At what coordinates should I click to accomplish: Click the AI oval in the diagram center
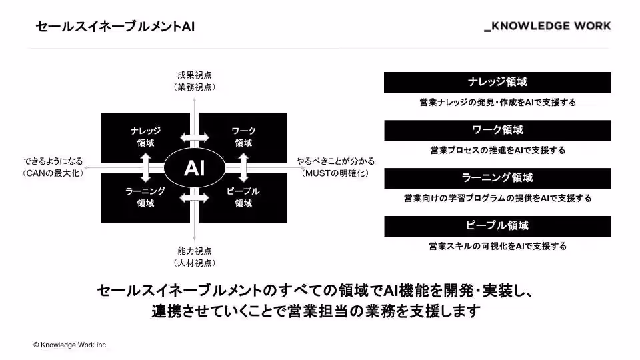(194, 168)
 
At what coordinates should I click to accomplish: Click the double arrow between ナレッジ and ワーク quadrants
(195, 137)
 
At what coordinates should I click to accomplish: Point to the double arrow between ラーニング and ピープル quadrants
(195, 198)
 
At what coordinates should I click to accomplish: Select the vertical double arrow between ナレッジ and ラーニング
(146, 168)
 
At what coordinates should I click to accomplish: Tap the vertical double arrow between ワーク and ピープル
(244, 168)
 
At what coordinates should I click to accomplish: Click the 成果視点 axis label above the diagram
(195, 75)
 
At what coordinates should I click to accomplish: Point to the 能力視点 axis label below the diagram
(195, 251)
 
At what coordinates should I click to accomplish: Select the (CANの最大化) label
(53, 173)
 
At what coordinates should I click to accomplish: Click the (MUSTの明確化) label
(335, 173)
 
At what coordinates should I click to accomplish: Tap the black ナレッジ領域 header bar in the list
(497, 83)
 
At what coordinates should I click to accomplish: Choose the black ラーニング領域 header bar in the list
(497, 179)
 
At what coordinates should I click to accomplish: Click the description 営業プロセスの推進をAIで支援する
(497, 150)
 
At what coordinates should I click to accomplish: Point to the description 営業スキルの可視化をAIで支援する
(497, 246)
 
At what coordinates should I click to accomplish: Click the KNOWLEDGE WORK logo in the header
(547, 26)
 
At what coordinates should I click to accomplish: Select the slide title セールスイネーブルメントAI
(115, 27)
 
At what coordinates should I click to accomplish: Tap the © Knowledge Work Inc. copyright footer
(70, 345)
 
